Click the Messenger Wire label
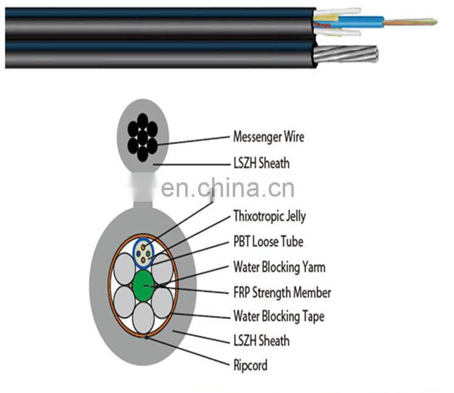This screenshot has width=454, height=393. click(269, 136)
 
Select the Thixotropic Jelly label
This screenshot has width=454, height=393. click(269, 216)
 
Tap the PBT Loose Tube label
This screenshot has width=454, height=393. click(268, 241)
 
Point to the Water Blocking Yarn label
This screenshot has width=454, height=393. click(279, 267)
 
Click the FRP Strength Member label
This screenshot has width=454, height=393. click(282, 292)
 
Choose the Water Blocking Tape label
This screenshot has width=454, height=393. click(279, 316)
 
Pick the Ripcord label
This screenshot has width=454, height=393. click(250, 365)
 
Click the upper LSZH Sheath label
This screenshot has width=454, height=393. click(261, 163)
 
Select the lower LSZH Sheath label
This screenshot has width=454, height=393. click(261, 340)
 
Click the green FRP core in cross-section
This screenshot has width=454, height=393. click(143, 286)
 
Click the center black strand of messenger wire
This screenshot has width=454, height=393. click(143, 138)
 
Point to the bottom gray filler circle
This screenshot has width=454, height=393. click(143, 318)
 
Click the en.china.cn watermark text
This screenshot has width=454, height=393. click(227, 188)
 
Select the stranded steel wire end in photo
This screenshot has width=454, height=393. click(346, 54)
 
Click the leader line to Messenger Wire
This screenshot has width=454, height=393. click(194, 140)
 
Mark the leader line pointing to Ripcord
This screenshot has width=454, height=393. click(188, 351)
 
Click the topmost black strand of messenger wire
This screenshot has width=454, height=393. click(143, 121)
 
